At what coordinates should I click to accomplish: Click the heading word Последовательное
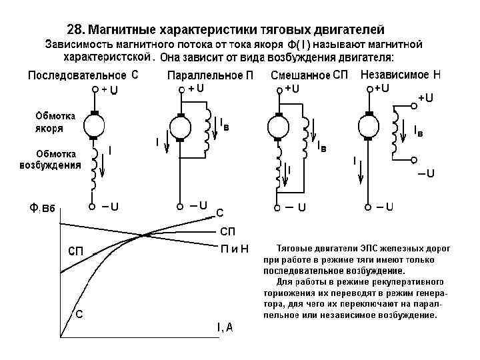click(x=77, y=75)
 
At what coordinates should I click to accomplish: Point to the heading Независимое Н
click(x=400, y=75)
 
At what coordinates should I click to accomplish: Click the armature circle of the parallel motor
click(x=180, y=127)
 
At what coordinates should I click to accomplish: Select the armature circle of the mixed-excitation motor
click(x=275, y=127)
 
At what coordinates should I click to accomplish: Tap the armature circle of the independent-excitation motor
click(x=368, y=126)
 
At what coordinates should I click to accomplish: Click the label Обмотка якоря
click(x=55, y=122)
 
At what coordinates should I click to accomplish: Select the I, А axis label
click(x=225, y=327)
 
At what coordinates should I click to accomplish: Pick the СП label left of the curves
click(x=75, y=251)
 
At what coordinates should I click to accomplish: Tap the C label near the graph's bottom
click(x=79, y=314)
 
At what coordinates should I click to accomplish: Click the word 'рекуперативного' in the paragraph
click(x=407, y=281)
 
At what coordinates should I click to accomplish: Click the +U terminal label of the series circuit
click(x=109, y=91)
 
